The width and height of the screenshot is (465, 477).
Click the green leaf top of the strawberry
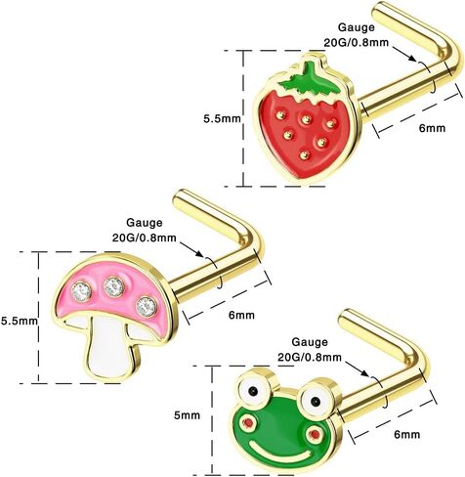[x=308, y=78]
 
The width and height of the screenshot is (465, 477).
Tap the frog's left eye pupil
[x=252, y=390]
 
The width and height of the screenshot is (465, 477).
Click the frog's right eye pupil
[x=315, y=402]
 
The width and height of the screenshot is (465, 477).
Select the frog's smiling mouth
[x=282, y=451]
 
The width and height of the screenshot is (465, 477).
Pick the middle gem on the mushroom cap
[x=113, y=286]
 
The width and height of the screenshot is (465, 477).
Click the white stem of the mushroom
[x=110, y=346]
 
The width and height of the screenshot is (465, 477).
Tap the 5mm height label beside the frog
[x=187, y=415]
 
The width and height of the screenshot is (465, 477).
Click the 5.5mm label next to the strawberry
[x=223, y=118]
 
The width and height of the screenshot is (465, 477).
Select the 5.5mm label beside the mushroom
[x=20, y=321]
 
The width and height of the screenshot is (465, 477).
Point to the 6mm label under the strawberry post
[x=432, y=128]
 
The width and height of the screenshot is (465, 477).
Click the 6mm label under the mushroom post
[x=241, y=315]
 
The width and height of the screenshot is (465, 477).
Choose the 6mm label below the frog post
[x=407, y=434]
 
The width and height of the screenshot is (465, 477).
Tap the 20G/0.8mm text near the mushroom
[x=145, y=238]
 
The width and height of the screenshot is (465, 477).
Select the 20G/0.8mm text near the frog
[x=310, y=357]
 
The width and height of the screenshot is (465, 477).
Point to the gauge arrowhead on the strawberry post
[x=412, y=59]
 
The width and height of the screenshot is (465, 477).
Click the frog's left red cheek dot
[x=249, y=423]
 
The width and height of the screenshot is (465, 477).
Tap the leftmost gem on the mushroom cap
[x=81, y=289]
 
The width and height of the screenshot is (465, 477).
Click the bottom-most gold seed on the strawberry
[x=305, y=154]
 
